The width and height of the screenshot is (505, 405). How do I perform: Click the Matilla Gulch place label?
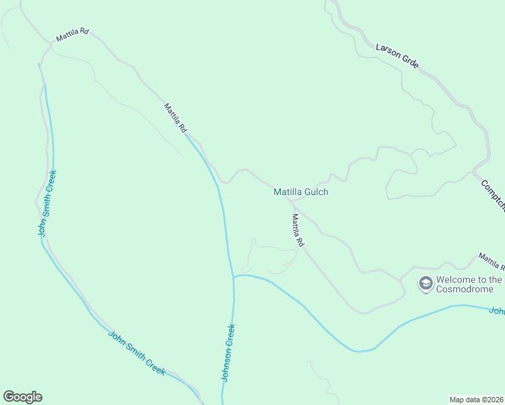[x=300, y=192]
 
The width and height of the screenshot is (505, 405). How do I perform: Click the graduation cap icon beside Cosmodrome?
[x=425, y=283]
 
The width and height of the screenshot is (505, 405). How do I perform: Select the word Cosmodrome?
[x=465, y=290]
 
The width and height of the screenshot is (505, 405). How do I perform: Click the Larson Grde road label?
[x=397, y=56]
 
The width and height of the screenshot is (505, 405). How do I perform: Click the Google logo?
[x=22, y=397]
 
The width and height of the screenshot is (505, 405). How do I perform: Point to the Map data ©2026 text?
[x=477, y=400]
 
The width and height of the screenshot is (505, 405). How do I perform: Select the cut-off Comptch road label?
[x=492, y=196]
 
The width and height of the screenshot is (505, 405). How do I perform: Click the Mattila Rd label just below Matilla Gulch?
[x=298, y=230]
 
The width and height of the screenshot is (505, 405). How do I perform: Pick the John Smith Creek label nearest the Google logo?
[x=136, y=352]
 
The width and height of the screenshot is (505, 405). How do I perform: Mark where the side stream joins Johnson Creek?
[x=234, y=277]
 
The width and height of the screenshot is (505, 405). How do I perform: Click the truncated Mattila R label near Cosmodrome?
[x=491, y=261]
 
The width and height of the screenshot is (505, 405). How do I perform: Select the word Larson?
[x=388, y=51]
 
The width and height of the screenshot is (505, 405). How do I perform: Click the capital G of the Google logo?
[x=8, y=397]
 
